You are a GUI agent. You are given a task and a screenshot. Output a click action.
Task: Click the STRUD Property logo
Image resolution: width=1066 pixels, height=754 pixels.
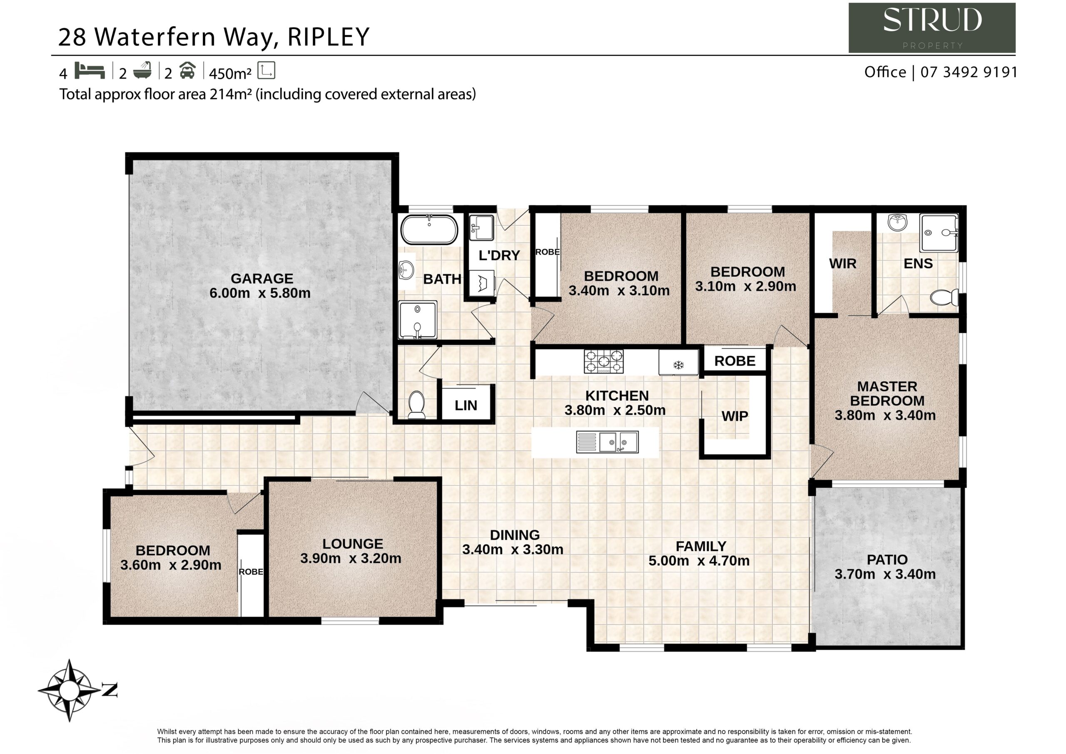click(932, 28)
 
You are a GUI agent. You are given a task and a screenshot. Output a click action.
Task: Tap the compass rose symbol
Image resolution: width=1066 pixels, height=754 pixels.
click(70, 690)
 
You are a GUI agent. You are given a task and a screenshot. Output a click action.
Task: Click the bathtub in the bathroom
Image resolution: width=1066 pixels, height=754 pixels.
click(429, 230)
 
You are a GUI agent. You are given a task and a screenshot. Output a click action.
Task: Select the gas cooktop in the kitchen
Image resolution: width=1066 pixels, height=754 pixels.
click(603, 362)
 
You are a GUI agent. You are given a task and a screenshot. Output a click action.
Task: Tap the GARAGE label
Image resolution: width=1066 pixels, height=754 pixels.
click(262, 278)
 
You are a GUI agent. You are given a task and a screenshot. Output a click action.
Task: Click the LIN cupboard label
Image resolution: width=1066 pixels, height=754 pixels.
click(466, 406)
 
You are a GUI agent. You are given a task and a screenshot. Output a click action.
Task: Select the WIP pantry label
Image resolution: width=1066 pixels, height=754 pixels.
click(735, 416)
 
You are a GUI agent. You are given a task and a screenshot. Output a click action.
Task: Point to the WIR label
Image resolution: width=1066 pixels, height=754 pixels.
click(843, 263)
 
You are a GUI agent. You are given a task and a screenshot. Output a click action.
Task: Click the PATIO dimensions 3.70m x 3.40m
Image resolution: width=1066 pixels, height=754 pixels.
click(885, 574)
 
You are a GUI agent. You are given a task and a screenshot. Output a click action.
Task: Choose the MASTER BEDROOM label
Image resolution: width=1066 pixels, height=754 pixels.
click(887, 394)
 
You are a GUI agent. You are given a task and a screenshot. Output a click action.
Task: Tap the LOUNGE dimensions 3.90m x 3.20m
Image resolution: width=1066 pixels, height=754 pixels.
click(351, 558)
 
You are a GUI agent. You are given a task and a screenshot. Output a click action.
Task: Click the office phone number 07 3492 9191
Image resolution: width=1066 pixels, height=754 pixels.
click(969, 72)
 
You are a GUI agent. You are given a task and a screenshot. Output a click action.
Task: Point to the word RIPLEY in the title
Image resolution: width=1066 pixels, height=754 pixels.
click(328, 37)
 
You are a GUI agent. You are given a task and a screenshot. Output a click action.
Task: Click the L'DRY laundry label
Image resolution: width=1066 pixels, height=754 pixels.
click(499, 255)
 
